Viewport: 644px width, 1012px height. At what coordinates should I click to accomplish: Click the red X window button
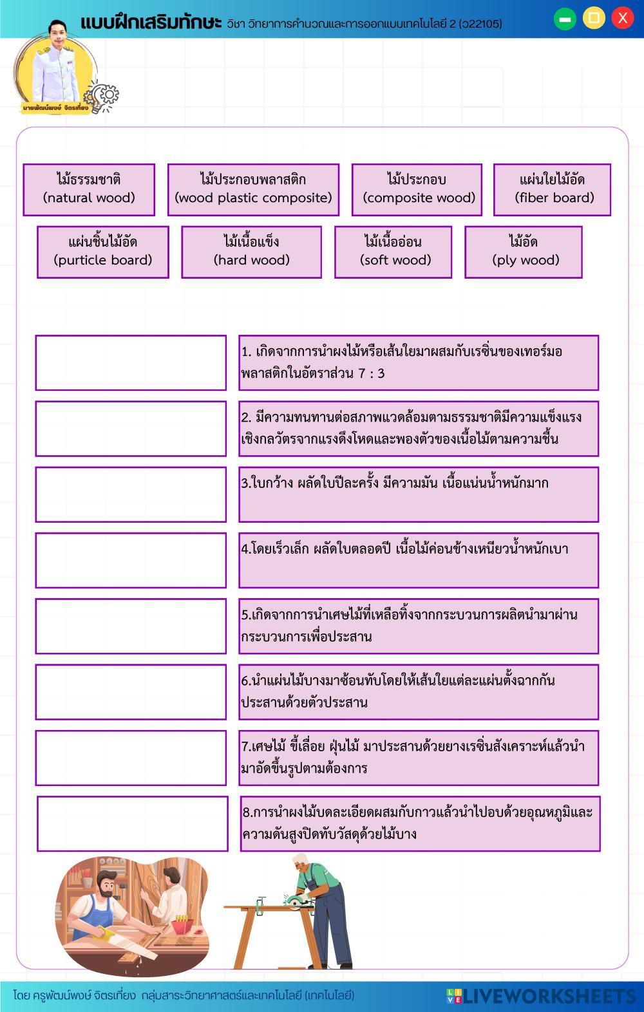tap(622, 18)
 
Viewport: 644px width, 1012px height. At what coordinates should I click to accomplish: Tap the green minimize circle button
tap(565, 19)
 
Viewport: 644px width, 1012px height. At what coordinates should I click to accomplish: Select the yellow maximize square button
tap(594, 18)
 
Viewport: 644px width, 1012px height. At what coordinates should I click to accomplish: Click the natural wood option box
tap(89, 189)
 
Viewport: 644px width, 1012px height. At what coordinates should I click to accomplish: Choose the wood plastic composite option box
tap(253, 189)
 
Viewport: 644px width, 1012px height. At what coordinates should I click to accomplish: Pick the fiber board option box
tap(552, 189)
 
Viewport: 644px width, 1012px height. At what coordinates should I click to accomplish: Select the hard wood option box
tap(251, 252)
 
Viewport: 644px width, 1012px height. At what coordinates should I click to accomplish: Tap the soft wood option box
tap(393, 252)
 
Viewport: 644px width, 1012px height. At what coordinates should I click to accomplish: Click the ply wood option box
tap(523, 252)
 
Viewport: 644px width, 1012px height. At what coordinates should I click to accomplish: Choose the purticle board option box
tap(103, 252)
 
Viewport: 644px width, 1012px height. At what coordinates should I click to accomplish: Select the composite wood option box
tap(417, 189)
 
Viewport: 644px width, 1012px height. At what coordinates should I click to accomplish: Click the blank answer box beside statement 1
tap(131, 362)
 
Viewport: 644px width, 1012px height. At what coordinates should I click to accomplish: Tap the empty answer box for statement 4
tap(131, 560)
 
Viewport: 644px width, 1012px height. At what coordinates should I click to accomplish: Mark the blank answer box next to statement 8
tap(133, 823)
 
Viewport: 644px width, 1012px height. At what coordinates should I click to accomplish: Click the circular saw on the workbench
tap(296, 899)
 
